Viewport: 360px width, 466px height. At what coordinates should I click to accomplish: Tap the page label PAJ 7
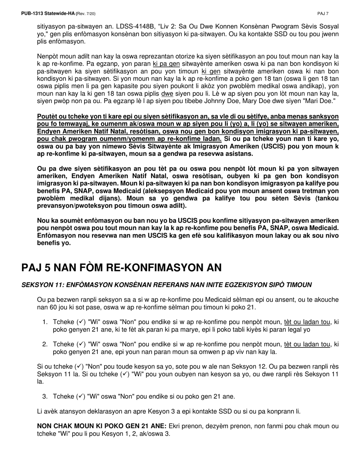323,14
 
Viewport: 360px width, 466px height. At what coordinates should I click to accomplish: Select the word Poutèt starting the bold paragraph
47,116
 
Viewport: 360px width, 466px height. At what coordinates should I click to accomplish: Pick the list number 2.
44,344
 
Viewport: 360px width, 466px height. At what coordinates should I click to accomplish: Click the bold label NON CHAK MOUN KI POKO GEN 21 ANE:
102,426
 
